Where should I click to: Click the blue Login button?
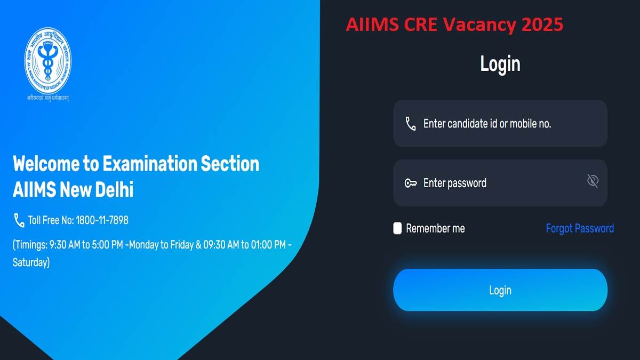[x=500, y=290]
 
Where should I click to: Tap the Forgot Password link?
[x=579, y=228]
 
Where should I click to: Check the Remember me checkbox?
[x=397, y=228]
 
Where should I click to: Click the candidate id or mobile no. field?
[x=500, y=124]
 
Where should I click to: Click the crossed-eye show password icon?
[x=593, y=181]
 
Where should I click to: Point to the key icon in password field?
[x=410, y=183]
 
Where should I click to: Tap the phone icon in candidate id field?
[x=410, y=124]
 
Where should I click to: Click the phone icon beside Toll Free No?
[x=19, y=220]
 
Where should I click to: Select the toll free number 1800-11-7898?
[x=102, y=220]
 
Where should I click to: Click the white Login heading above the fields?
[x=500, y=64]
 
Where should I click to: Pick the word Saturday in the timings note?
[x=31, y=262]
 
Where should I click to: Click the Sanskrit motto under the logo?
[x=49, y=98]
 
